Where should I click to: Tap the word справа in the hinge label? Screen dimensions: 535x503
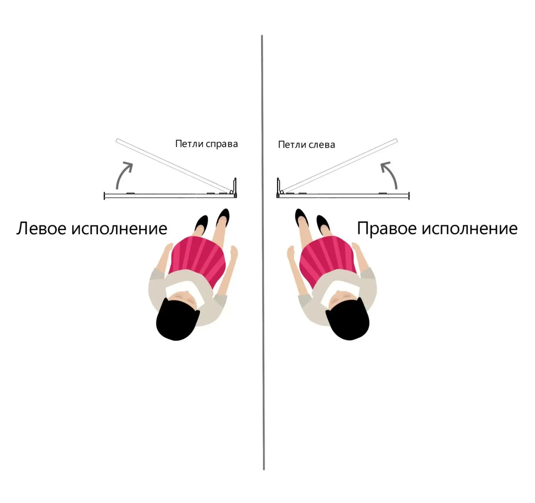pyautogui.click(x=222, y=144)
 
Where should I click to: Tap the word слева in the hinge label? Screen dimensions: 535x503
pyautogui.click(x=321, y=145)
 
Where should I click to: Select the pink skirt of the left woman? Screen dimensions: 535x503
pyautogui.click(x=198, y=258)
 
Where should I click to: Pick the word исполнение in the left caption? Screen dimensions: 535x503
pyautogui.click(x=119, y=229)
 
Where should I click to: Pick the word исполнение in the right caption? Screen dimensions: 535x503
pyautogui.click(x=469, y=229)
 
